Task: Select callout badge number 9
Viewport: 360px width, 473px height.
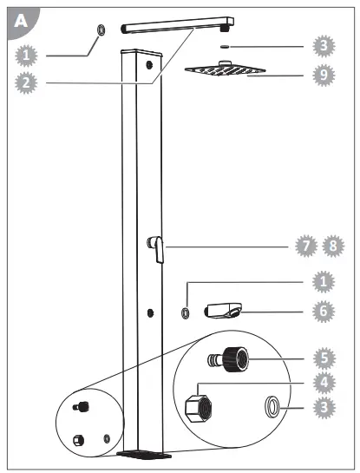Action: [323, 75]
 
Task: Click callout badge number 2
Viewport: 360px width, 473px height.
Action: [28, 82]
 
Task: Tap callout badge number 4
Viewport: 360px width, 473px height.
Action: [323, 379]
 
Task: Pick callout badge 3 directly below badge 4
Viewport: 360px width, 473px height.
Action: [323, 406]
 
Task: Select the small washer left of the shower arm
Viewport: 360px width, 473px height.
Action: [101, 31]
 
